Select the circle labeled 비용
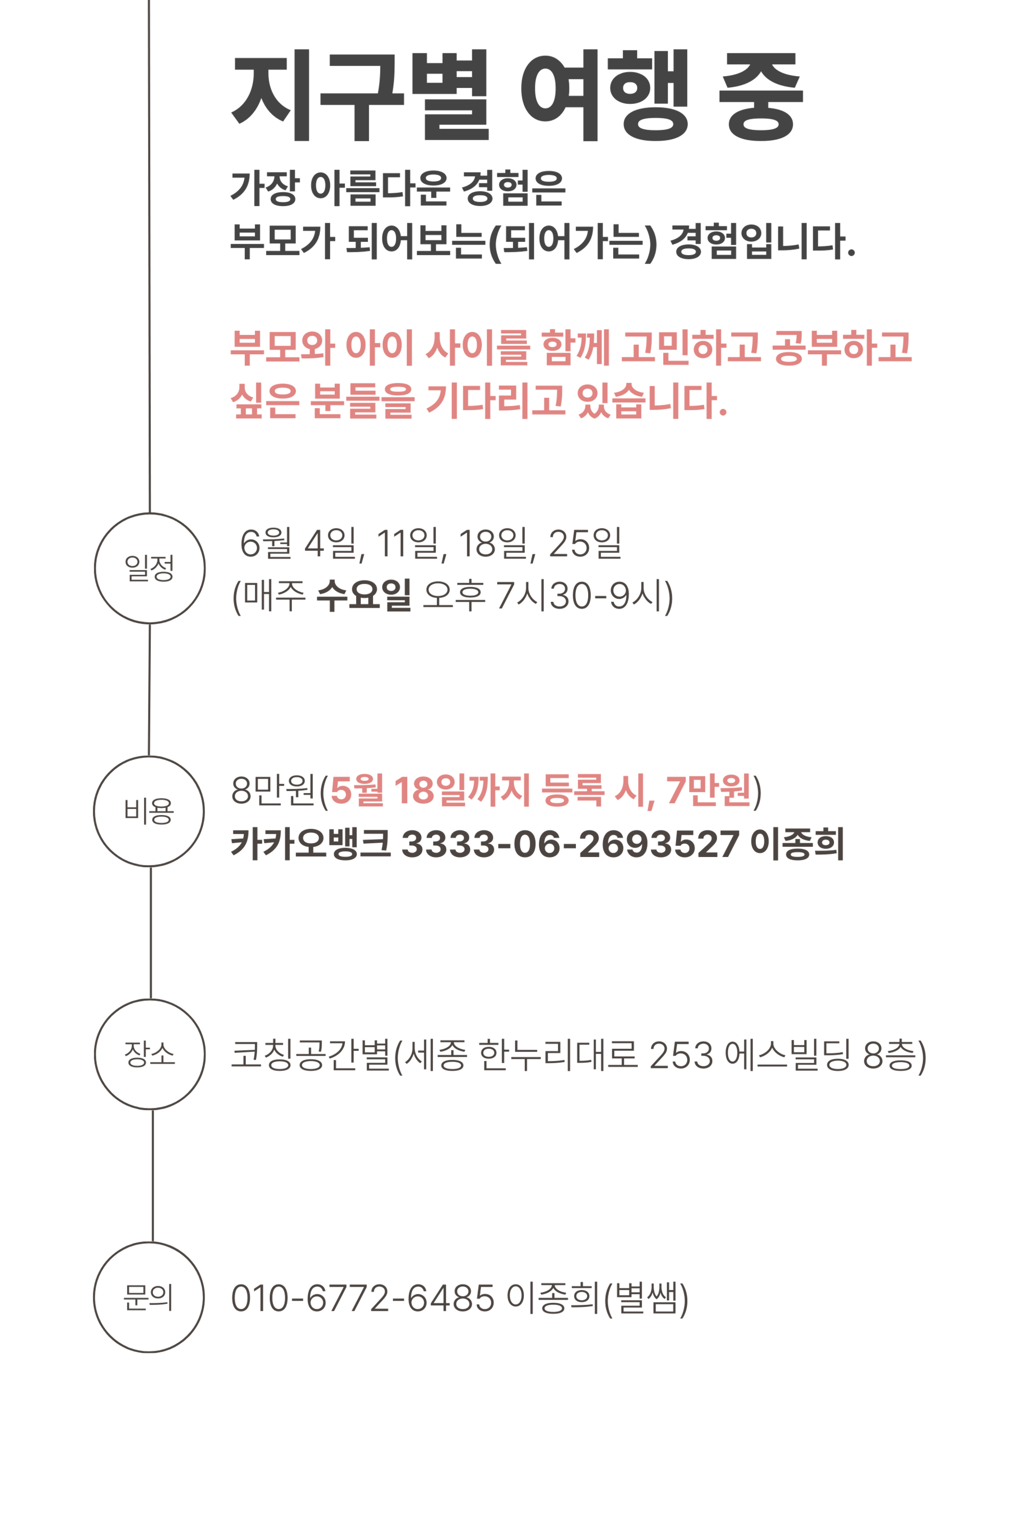(x=149, y=811)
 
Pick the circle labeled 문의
(x=149, y=1296)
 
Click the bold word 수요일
(x=364, y=596)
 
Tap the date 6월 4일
(x=299, y=543)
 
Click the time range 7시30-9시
(x=583, y=596)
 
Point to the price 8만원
(x=273, y=790)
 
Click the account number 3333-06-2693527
(x=570, y=844)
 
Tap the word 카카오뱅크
(x=310, y=844)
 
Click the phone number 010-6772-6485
(x=362, y=1298)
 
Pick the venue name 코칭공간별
(x=310, y=1055)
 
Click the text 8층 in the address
(x=889, y=1055)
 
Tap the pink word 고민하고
(x=690, y=346)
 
